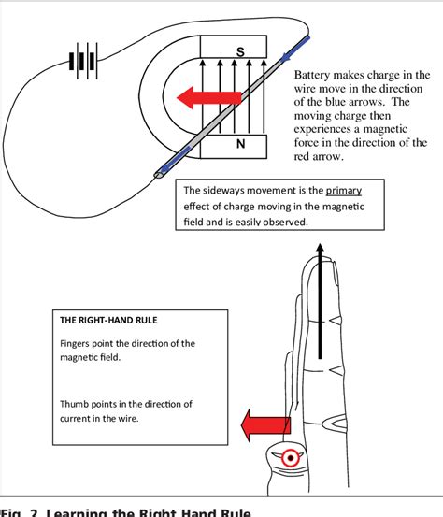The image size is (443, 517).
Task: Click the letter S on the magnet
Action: pos(239,53)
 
